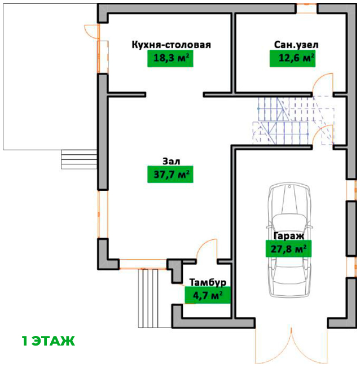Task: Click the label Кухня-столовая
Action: click(x=171, y=45)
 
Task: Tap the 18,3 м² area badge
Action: click(x=170, y=59)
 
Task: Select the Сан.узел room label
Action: click(x=296, y=45)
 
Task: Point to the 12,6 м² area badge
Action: click(x=292, y=59)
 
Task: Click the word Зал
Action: click(x=171, y=161)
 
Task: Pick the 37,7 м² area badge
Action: click(x=170, y=174)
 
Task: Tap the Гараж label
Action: click(x=289, y=236)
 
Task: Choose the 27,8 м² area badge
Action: click(x=288, y=248)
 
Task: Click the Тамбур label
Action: click(x=208, y=282)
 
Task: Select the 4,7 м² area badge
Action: click(x=208, y=295)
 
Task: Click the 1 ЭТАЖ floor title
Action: click(x=48, y=341)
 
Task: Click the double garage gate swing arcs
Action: click(x=292, y=347)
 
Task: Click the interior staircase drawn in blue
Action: click(x=293, y=121)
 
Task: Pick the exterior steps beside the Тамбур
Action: click(x=153, y=298)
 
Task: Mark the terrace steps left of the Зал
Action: click(x=79, y=159)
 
